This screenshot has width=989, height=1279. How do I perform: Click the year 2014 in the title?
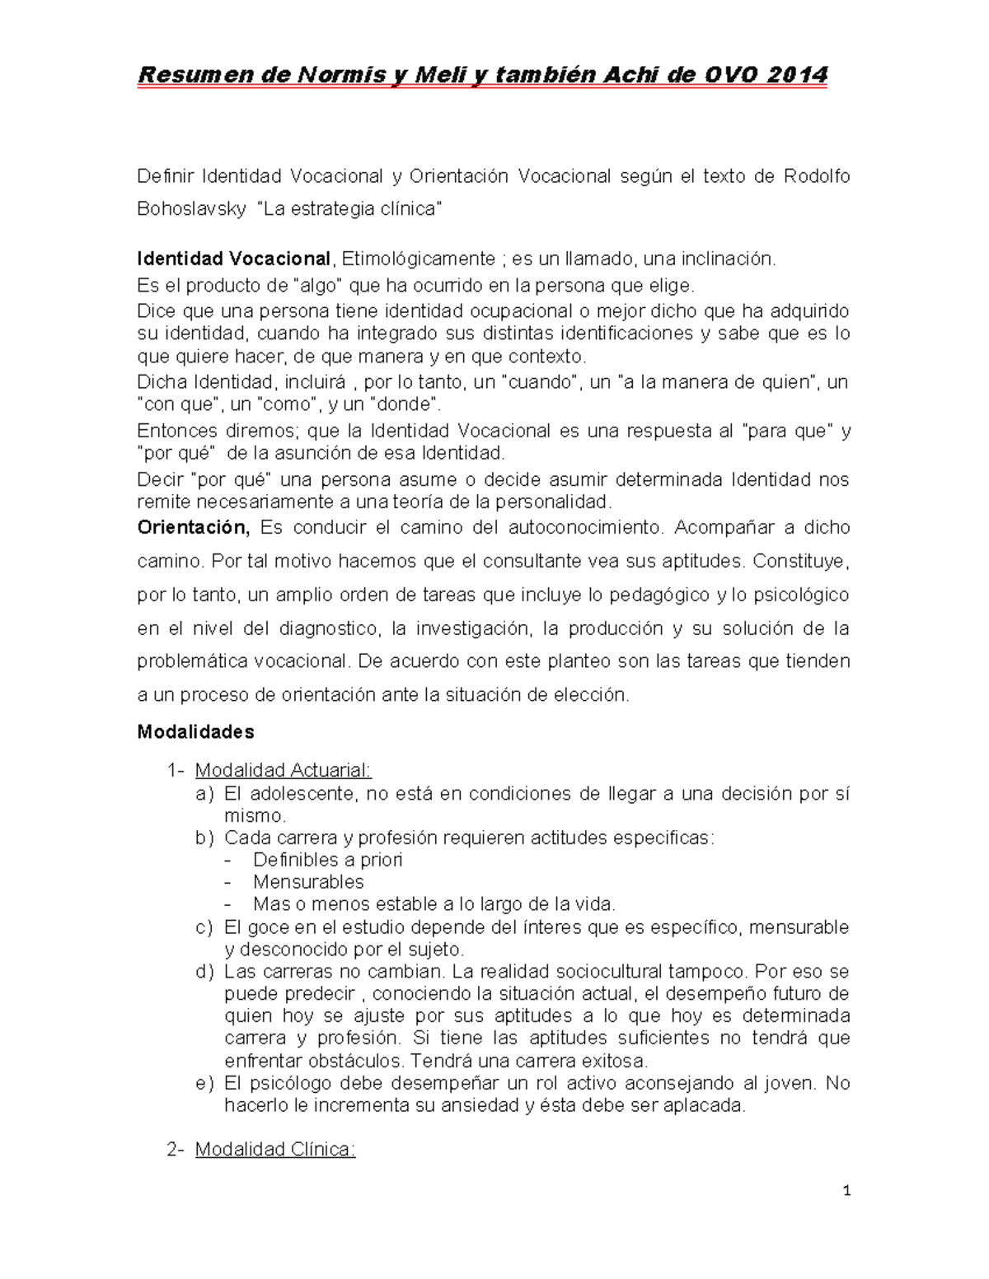(x=796, y=75)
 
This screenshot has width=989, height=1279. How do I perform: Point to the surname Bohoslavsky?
(x=191, y=209)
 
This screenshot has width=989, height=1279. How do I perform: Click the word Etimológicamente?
(x=418, y=259)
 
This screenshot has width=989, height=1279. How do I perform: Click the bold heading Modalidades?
(x=195, y=731)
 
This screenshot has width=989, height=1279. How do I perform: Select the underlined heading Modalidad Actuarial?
(x=284, y=770)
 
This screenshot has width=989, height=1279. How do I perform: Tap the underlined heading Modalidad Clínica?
(x=275, y=1150)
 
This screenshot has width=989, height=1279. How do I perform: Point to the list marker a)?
(x=204, y=794)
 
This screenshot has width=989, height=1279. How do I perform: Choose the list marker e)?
(x=204, y=1083)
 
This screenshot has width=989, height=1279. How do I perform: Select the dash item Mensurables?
(x=308, y=882)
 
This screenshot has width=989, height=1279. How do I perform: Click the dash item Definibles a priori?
(x=328, y=860)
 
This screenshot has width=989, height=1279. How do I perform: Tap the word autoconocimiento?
(x=573, y=527)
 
